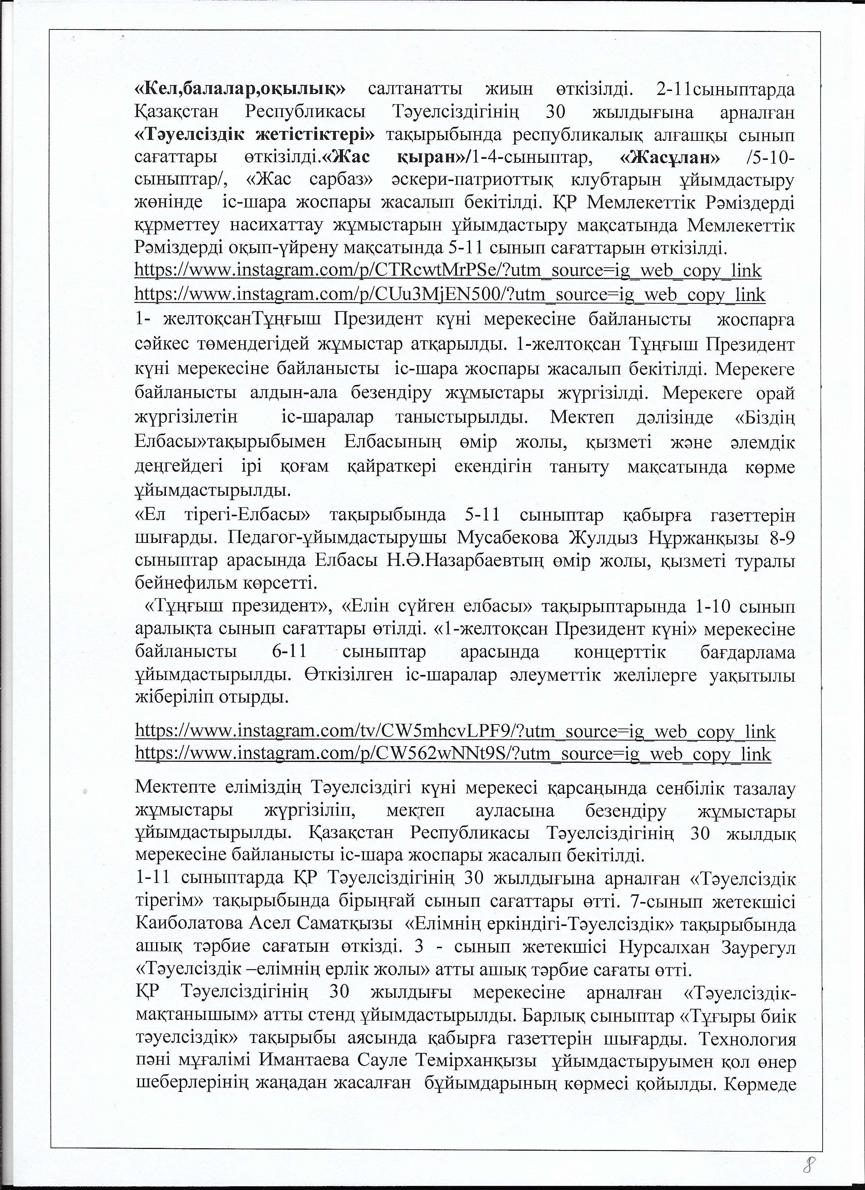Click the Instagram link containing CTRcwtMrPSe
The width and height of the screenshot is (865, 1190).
click(448, 271)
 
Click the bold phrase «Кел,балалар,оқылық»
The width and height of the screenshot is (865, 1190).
click(240, 89)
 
